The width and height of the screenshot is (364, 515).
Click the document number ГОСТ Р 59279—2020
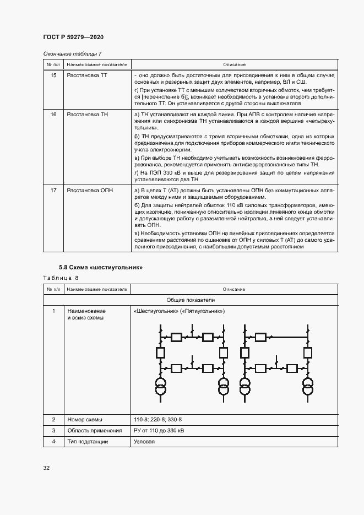(x=73, y=37)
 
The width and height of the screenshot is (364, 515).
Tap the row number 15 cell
(x=53, y=75)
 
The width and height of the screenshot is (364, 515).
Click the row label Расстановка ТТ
(x=86, y=75)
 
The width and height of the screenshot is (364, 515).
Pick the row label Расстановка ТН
(x=86, y=114)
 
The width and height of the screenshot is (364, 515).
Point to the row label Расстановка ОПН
(x=89, y=191)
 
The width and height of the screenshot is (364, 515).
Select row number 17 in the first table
(x=53, y=191)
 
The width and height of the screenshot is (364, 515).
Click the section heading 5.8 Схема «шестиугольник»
(x=101, y=268)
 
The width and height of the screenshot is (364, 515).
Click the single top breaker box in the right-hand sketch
(x=260, y=337)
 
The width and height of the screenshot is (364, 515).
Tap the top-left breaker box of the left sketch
(x=177, y=337)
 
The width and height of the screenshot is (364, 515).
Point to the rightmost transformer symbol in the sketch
(x=307, y=387)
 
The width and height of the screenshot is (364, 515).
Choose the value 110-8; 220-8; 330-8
(x=157, y=419)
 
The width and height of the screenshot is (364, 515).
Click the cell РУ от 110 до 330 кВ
(x=159, y=431)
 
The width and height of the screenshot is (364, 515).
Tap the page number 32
(x=47, y=468)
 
